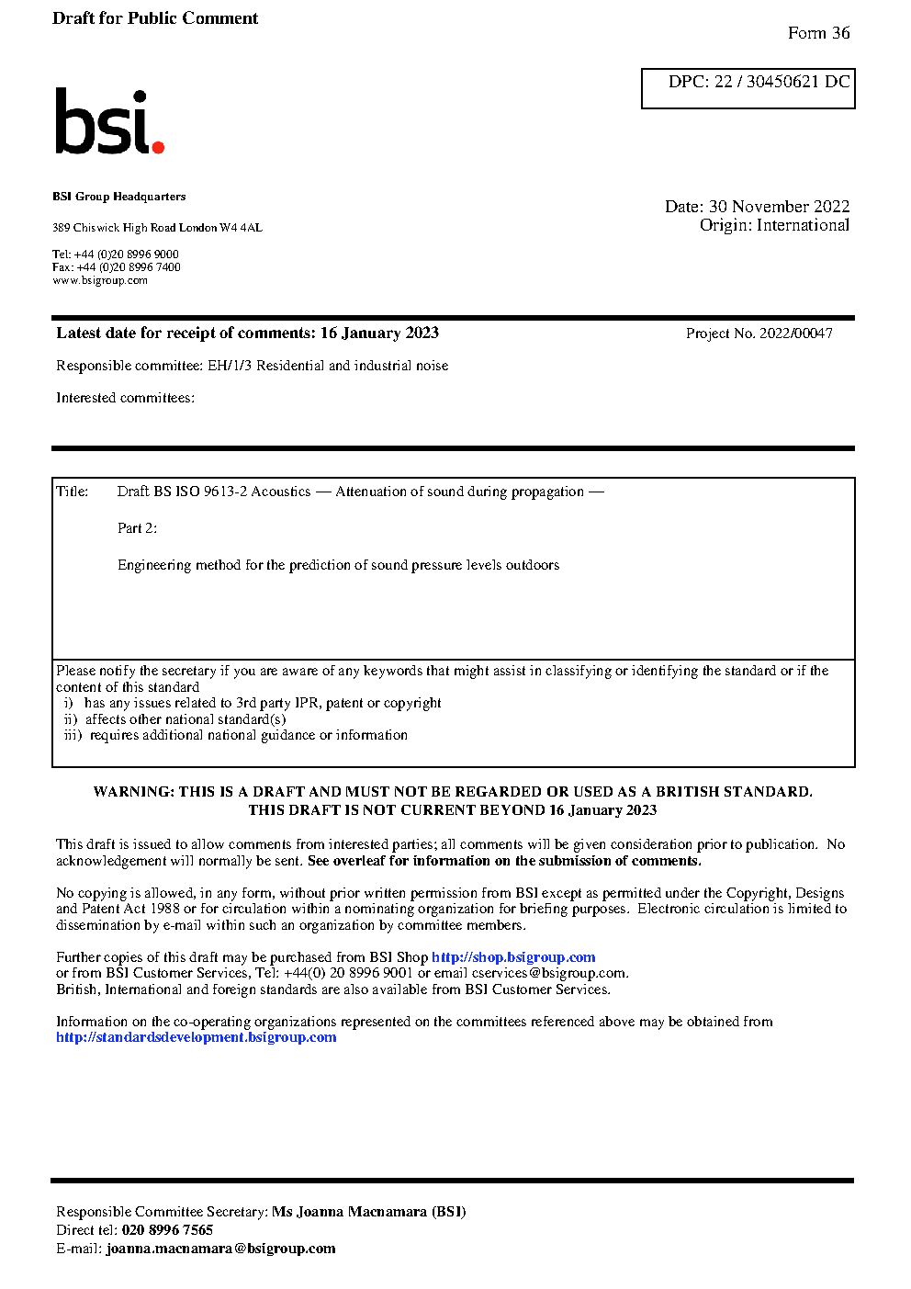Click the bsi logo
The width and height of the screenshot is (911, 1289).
(x=108, y=122)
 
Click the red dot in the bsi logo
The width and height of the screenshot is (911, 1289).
(x=158, y=147)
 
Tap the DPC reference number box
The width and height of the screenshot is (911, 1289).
(x=748, y=88)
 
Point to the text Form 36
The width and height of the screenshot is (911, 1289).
(x=818, y=33)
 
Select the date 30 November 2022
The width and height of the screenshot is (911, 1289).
(x=779, y=207)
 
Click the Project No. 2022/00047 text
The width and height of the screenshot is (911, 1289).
(x=759, y=334)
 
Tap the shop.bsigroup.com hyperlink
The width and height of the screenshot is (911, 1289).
(x=513, y=957)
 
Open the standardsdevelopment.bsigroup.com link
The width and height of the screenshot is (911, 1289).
(x=196, y=1037)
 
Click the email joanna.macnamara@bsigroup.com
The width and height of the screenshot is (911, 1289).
(x=220, y=1249)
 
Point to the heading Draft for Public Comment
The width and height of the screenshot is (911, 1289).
(x=155, y=18)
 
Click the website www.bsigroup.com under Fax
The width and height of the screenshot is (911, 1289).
(x=100, y=281)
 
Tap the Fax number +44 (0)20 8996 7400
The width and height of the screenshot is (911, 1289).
(x=129, y=267)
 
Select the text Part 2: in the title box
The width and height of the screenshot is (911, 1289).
(x=137, y=528)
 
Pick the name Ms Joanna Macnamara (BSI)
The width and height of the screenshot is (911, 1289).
(x=368, y=1212)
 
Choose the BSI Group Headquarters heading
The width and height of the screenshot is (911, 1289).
(x=118, y=197)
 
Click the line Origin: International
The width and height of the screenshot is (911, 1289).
(x=774, y=225)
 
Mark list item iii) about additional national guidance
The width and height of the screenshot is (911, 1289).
(x=236, y=735)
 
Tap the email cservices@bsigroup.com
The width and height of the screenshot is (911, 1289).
(x=549, y=973)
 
